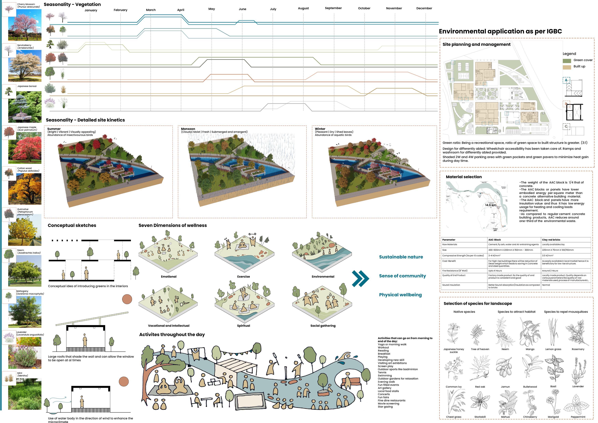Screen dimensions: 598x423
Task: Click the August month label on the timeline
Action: coord(303,8)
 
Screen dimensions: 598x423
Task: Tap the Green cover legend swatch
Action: coord(567,61)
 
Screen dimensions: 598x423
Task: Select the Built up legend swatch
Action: coord(567,67)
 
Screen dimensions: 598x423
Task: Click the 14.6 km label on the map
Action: coord(490,205)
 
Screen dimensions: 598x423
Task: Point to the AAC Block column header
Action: coord(494,240)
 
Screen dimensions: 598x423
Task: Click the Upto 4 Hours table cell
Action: coord(495,271)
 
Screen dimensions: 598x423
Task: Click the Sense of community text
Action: coord(402,276)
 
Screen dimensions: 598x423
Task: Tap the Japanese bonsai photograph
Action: coord(25,107)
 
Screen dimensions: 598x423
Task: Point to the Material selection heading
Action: coord(464,177)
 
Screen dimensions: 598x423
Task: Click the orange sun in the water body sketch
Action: coord(124,381)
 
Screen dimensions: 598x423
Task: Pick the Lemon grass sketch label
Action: coord(553,349)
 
